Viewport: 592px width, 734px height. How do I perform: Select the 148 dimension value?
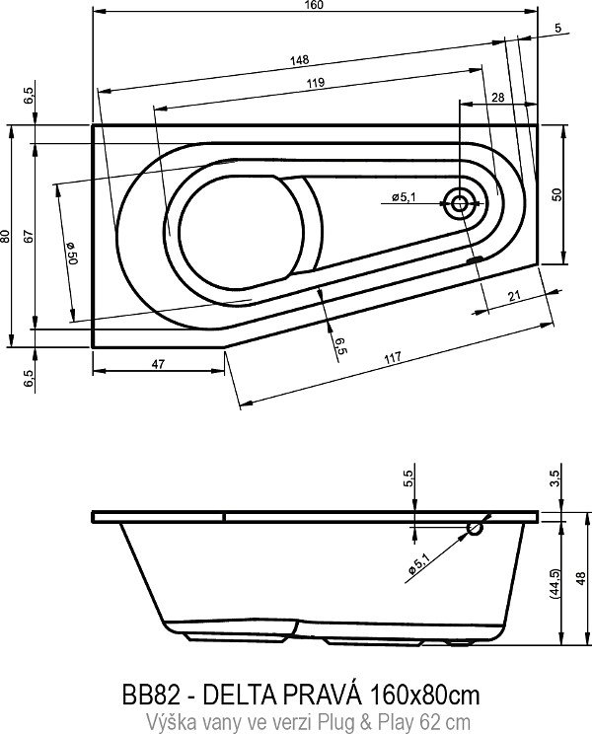tap(299, 61)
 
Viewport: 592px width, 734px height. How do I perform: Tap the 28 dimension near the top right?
tap(497, 97)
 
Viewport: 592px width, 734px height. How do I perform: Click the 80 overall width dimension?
tap(6, 236)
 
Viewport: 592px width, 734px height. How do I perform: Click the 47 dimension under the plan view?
tap(157, 364)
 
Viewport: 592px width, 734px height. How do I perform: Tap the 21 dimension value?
tap(515, 295)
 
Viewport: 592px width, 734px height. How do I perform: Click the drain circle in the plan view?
tap(460, 204)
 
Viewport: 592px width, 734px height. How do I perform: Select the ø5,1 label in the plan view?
tap(404, 197)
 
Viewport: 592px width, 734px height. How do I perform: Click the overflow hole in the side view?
tap(476, 530)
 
